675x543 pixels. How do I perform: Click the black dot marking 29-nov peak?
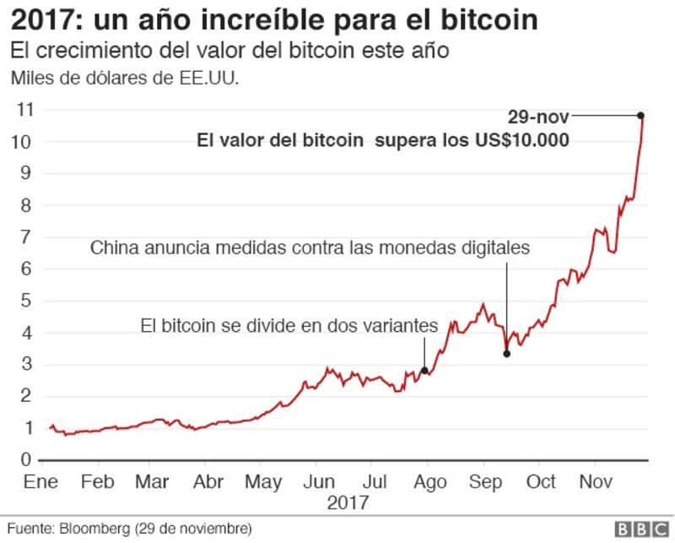(x=640, y=115)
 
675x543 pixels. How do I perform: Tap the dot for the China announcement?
(x=507, y=354)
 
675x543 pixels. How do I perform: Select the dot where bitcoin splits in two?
(x=424, y=371)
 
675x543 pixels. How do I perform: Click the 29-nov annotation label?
(x=538, y=117)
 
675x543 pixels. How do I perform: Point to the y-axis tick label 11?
(x=24, y=110)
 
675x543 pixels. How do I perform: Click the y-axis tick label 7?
(x=26, y=237)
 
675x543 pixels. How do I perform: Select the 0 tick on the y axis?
(x=26, y=459)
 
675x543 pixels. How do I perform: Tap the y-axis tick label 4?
(x=26, y=333)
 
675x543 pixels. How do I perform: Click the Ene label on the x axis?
(x=40, y=481)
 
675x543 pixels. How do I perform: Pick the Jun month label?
(x=319, y=481)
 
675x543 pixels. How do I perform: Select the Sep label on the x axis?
(x=486, y=482)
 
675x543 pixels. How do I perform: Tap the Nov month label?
(x=596, y=481)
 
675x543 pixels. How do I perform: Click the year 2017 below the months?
(x=348, y=502)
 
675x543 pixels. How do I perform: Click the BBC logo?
(x=642, y=529)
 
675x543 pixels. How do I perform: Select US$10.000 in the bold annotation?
(x=522, y=140)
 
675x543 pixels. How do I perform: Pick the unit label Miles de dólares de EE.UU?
(x=125, y=79)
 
